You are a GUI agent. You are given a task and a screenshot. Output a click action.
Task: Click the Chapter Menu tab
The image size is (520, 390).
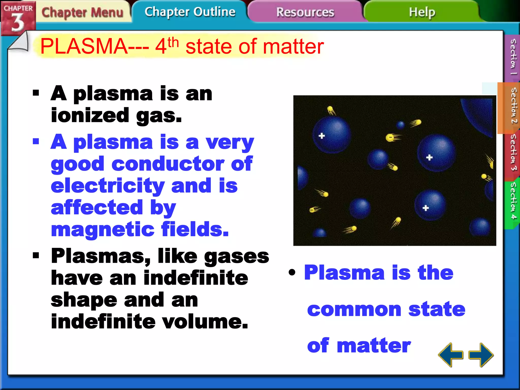click(x=83, y=12)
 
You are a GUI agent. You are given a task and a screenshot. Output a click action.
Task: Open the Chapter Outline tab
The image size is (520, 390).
click(x=190, y=12)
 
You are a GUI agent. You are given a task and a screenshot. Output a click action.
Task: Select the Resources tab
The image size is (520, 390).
click(x=305, y=12)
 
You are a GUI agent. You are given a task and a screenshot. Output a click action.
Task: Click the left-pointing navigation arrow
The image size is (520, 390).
click(x=450, y=355)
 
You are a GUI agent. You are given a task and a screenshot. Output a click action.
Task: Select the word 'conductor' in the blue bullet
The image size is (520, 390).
click(x=168, y=164)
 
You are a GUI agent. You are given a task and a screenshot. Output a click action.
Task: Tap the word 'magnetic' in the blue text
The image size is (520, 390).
click(x=103, y=229)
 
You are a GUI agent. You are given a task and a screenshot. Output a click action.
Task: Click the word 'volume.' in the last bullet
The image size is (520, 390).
click(x=205, y=321)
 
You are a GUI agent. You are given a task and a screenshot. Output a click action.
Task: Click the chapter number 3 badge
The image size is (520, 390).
click(x=18, y=22)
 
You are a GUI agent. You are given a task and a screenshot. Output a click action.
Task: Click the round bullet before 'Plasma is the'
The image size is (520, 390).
click(x=292, y=272)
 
